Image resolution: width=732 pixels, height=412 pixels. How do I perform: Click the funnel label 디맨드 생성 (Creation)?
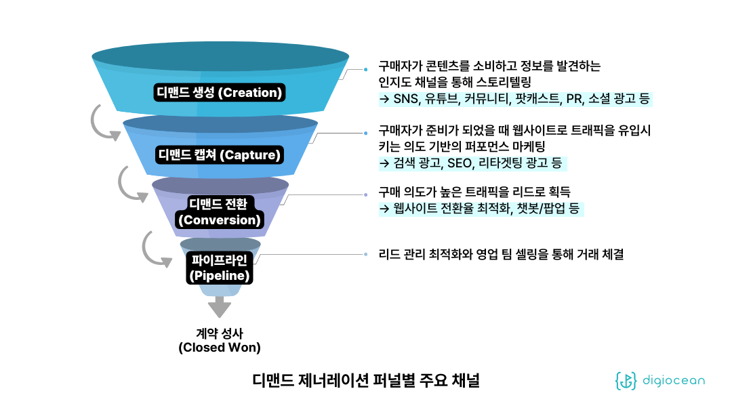[220, 92]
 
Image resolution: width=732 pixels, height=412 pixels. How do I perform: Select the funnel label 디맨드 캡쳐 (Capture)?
[219, 154]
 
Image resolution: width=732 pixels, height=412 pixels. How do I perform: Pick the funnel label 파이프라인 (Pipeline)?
[220, 268]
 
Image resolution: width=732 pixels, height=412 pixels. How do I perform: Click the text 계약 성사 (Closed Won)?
[220, 340]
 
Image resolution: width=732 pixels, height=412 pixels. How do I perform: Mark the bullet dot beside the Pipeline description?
[366, 255]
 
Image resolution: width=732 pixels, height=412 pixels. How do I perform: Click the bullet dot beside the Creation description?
[366, 68]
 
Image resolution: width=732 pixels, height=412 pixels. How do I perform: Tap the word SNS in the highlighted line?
[405, 100]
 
